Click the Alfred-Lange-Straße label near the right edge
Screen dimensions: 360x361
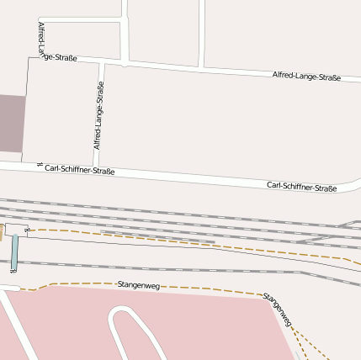(306, 77)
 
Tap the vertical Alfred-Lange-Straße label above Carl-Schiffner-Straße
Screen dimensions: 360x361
(99, 115)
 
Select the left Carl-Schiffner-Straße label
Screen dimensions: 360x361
(79, 170)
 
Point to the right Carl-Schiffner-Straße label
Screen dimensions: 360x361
(301, 186)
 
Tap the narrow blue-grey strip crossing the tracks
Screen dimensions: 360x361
(14, 251)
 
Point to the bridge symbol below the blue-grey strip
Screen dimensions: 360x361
(13, 271)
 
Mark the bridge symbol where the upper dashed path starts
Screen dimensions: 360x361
(28, 229)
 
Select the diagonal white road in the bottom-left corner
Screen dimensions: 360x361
(17, 323)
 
